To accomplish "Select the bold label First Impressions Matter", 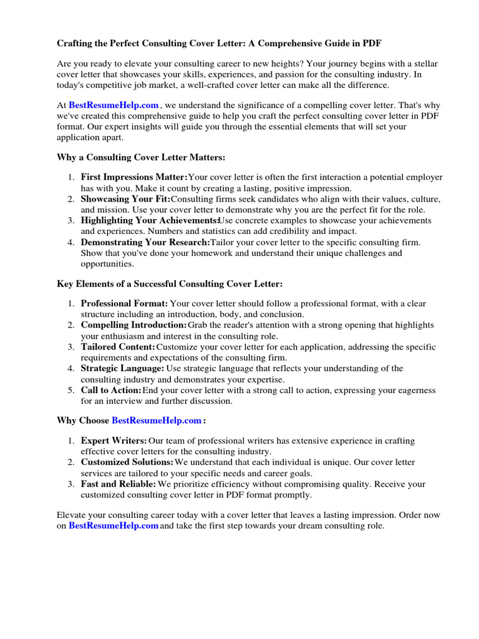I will [134, 178].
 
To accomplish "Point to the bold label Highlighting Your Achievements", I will [149, 221].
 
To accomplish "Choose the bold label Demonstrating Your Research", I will [145, 242].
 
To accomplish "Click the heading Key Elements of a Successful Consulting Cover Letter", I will [170, 284].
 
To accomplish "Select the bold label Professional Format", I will [124, 304].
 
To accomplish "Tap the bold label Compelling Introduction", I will [133, 325].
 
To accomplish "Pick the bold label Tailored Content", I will [118, 347].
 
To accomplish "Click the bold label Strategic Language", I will [122, 368].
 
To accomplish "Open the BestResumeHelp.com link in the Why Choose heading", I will [157, 421].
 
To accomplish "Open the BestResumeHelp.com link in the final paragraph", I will [114, 526].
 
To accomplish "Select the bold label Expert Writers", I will [114, 441].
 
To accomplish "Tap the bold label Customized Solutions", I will [127, 462].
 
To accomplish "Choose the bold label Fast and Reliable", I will [118, 484].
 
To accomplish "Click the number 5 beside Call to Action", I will [71, 390].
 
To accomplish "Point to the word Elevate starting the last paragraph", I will [72, 515].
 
